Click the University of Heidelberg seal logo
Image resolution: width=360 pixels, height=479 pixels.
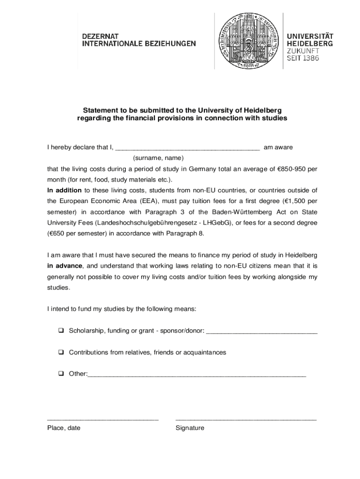point(248,41)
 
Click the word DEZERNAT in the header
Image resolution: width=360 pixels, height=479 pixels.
point(101,36)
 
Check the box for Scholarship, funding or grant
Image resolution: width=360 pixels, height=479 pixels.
point(61,331)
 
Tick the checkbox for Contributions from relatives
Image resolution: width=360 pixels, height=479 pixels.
point(61,352)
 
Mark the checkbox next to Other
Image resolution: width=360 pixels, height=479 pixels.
point(61,374)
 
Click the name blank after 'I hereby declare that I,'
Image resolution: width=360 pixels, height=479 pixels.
point(187,148)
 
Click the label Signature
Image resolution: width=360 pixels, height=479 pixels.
point(190,428)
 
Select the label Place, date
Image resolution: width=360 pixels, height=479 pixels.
point(64,428)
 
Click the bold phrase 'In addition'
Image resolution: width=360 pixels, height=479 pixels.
point(64,190)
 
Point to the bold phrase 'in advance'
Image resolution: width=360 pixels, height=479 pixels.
point(65,266)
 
